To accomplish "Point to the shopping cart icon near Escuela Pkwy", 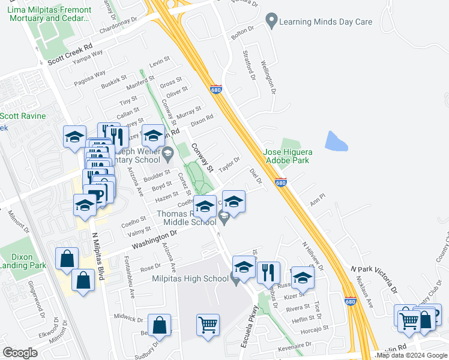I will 208,326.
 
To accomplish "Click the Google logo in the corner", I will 20,353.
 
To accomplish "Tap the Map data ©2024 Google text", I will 411,355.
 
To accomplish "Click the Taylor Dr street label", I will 229,164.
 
